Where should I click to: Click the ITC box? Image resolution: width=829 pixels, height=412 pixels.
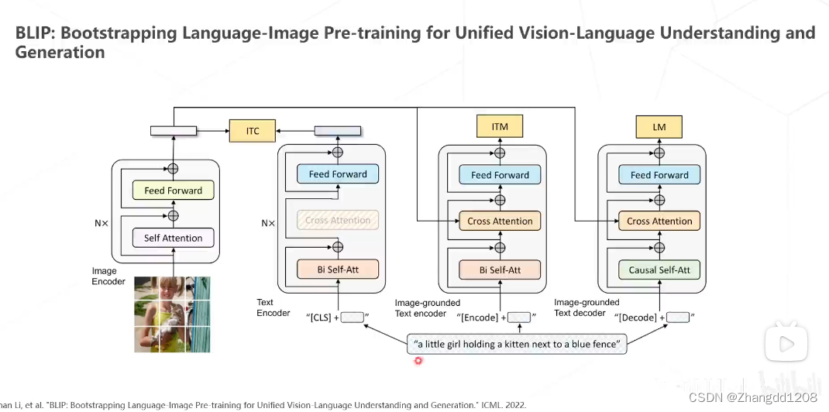click(253, 131)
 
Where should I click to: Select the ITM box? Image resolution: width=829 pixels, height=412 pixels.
click(500, 126)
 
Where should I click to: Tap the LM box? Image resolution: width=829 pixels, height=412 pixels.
click(659, 126)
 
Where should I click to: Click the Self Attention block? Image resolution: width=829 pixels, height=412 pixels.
click(173, 238)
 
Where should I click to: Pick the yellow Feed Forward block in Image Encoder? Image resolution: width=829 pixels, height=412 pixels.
click(173, 191)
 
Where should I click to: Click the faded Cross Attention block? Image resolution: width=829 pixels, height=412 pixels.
click(338, 220)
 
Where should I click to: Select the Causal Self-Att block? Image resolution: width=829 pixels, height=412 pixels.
click(659, 270)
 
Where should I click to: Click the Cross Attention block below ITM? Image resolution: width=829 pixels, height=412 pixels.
click(500, 221)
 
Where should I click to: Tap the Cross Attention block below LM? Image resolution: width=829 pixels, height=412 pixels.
click(659, 221)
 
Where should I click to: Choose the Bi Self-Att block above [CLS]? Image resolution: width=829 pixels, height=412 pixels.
click(338, 270)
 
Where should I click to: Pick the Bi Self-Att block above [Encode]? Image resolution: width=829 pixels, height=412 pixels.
click(500, 270)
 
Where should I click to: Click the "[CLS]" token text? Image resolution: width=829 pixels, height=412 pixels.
click(320, 318)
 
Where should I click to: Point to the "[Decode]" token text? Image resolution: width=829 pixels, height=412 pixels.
click(637, 318)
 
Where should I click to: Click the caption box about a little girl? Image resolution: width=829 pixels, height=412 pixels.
click(517, 345)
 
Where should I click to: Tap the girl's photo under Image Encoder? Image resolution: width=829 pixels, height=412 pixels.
click(172, 314)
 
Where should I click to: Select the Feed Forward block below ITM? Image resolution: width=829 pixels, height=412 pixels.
click(500, 174)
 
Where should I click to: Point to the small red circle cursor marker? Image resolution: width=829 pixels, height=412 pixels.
click(418, 361)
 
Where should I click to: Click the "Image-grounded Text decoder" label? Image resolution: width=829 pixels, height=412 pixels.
click(586, 307)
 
